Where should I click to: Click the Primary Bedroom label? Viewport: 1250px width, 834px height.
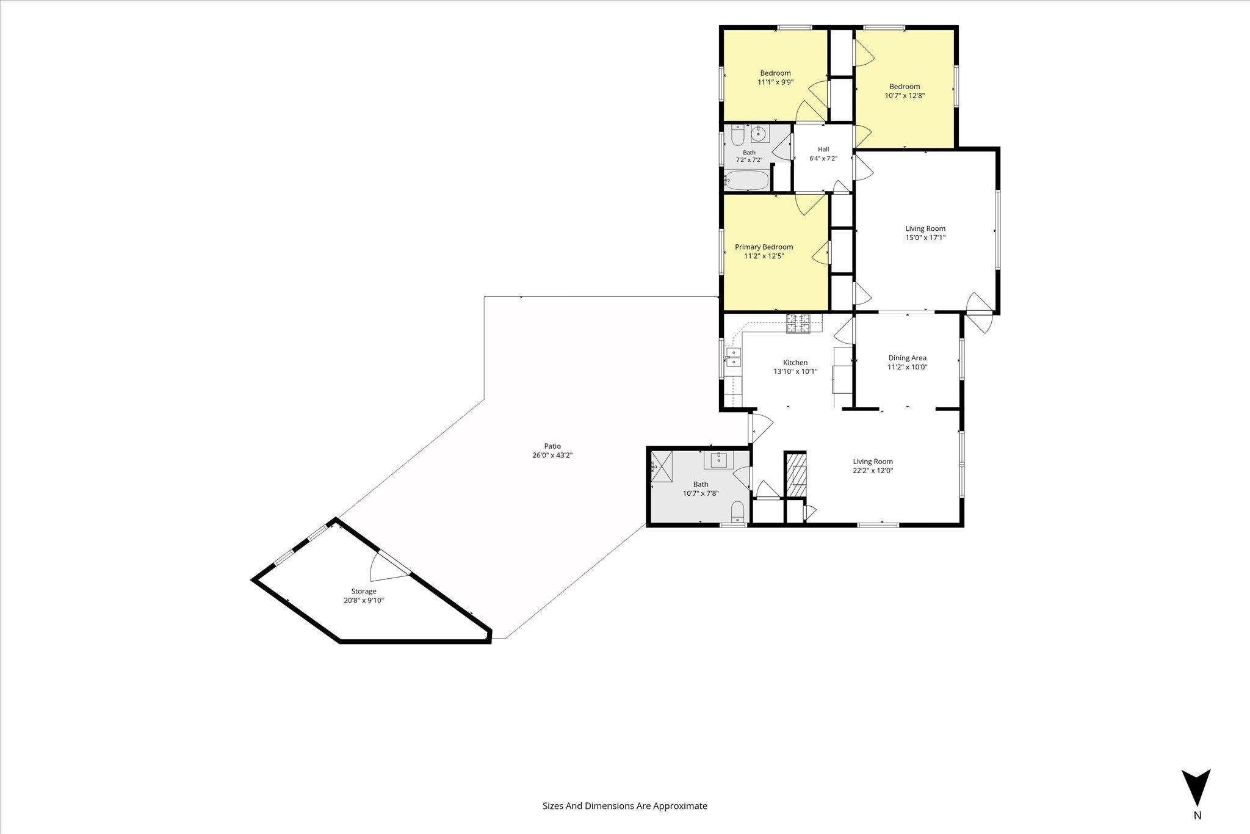pos(764,247)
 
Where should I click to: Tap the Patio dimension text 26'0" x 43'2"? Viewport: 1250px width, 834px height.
pos(552,455)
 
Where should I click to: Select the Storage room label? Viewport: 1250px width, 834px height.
pos(364,591)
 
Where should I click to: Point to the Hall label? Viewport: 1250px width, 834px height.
pos(823,149)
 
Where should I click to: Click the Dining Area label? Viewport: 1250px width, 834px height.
pos(907,358)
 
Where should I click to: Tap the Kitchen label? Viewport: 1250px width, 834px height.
pos(795,363)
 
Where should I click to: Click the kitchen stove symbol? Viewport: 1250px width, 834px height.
pos(798,324)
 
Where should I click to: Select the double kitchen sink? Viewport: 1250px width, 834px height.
pos(733,357)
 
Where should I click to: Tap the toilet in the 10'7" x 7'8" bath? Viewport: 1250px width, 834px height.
pos(738,511)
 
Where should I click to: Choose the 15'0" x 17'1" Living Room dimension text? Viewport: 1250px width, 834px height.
pos(925,238)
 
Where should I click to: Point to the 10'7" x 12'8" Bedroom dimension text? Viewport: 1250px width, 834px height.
pos(905,95)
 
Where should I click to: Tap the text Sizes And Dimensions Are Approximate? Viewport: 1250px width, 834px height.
pos(625,805)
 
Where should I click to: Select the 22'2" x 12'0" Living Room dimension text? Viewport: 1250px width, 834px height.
pos(873,471)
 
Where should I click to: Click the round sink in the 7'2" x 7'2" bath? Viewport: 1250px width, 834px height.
pos(759,132)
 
